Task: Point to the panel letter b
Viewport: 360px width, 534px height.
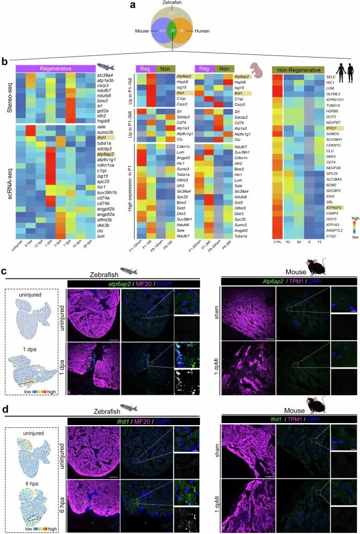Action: coord(5,62)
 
